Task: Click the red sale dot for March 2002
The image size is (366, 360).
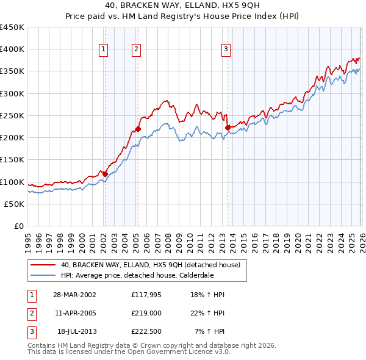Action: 105,174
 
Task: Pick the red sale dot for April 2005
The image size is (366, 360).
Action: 138,129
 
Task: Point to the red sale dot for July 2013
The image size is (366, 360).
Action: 228,128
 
